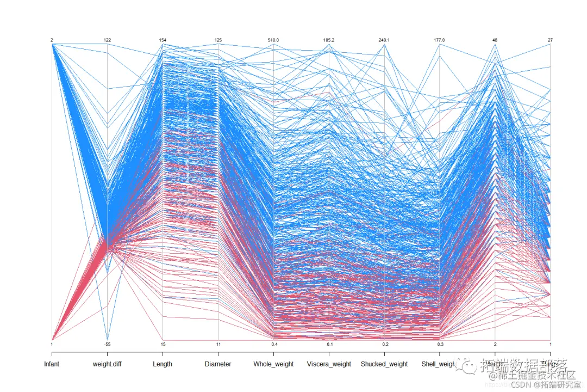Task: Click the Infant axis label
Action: [52, 364]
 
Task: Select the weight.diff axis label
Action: [108, 364]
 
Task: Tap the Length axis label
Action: [163, 364]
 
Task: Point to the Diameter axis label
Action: [218, 364]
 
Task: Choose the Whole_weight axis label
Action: [273, 364]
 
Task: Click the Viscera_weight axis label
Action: [329, 364]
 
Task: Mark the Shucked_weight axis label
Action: [384, 364]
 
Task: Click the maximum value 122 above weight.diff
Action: [108, 40]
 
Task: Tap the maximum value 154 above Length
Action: [163, 40]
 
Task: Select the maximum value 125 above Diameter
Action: [218, 40]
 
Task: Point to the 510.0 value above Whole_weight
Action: [273, 40]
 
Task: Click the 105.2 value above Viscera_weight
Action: [329, 40]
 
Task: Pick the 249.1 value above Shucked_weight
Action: [384, 40]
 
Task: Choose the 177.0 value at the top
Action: [439, 40]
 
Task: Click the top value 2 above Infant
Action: [52, 40]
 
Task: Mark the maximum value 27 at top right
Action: [550, 40]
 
